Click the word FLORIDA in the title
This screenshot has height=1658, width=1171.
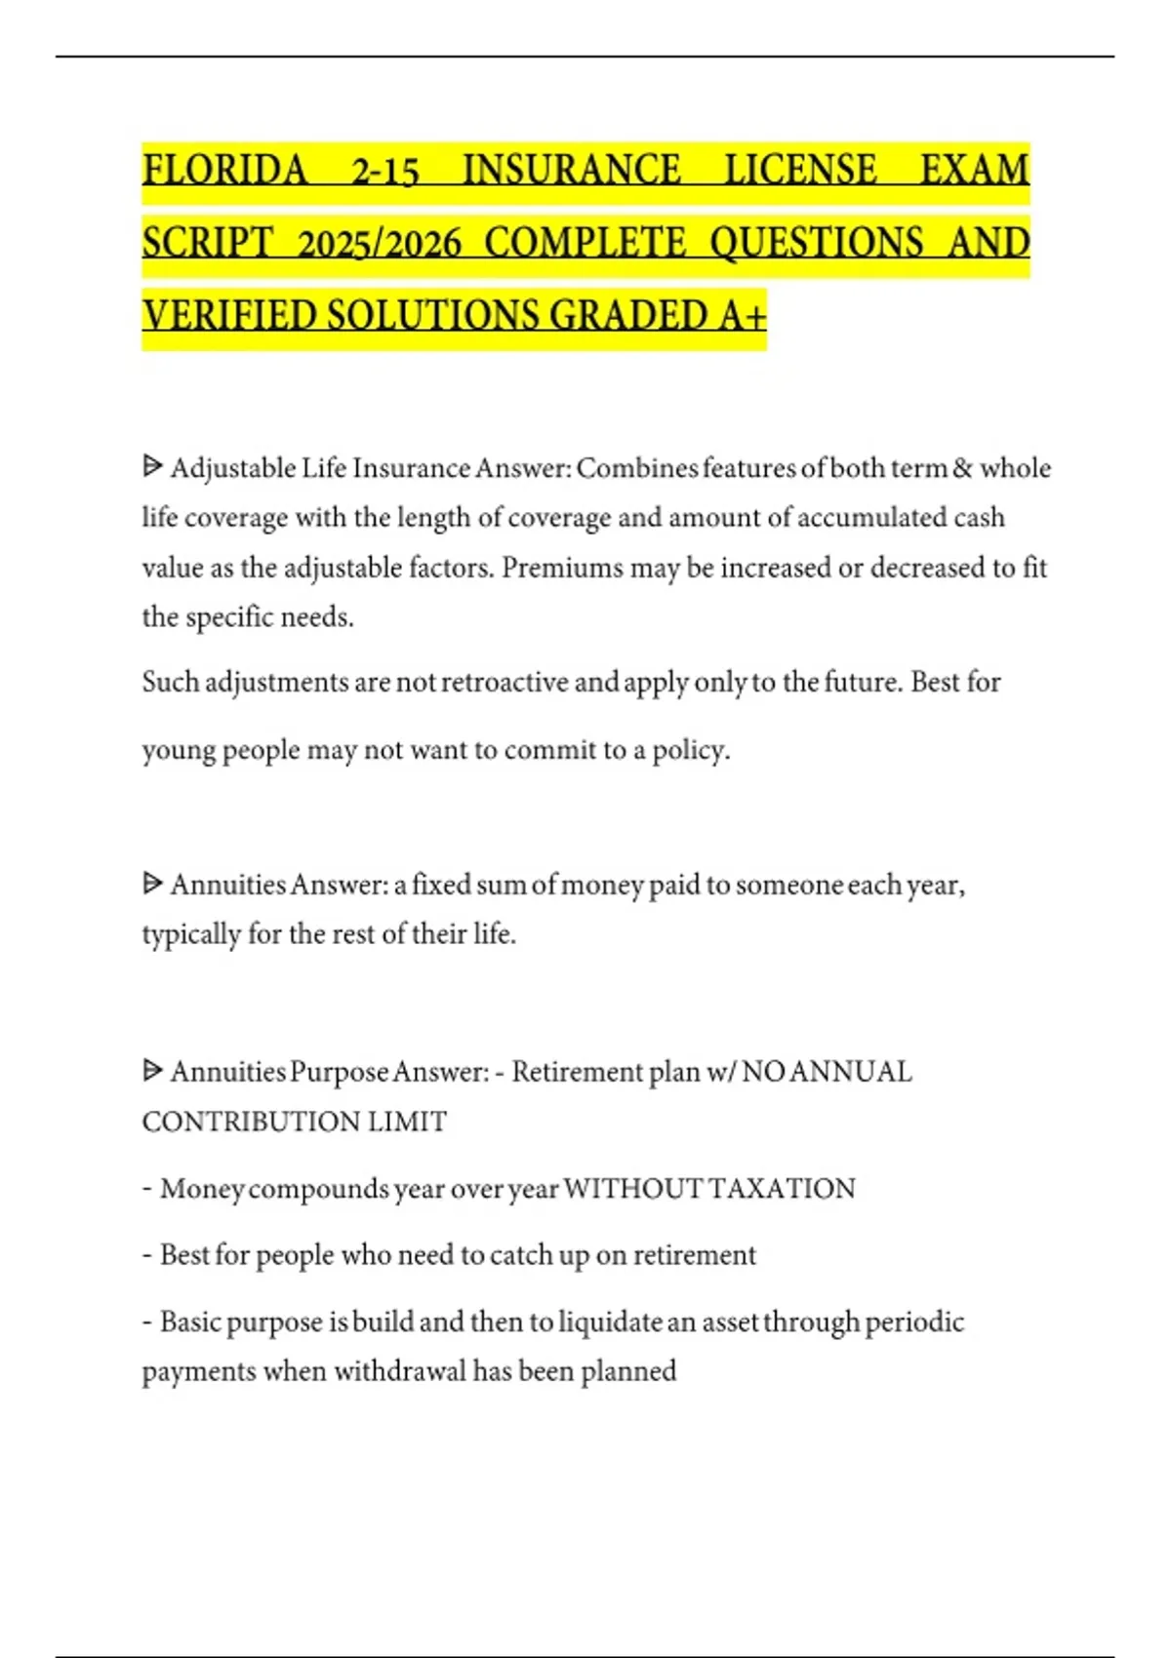[x=224, y=171]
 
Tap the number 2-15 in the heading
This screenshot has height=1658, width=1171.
[x=384, y=173]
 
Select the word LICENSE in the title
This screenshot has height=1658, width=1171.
[x=800, y=171]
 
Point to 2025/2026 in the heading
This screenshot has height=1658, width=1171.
[x=379, y=244]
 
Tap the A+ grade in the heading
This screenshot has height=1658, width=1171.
[x=744, y=316]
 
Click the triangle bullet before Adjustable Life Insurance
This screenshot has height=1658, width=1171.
[x=152, y=466]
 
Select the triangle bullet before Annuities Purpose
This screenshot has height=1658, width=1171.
[x=152, y=1070]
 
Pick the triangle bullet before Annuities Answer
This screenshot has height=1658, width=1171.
[x=152, y=883]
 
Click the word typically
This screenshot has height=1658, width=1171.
[x=190, y=934]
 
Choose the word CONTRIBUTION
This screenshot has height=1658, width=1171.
[x=250, y=1122]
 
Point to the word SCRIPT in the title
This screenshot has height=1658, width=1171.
[x=208, y=244]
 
